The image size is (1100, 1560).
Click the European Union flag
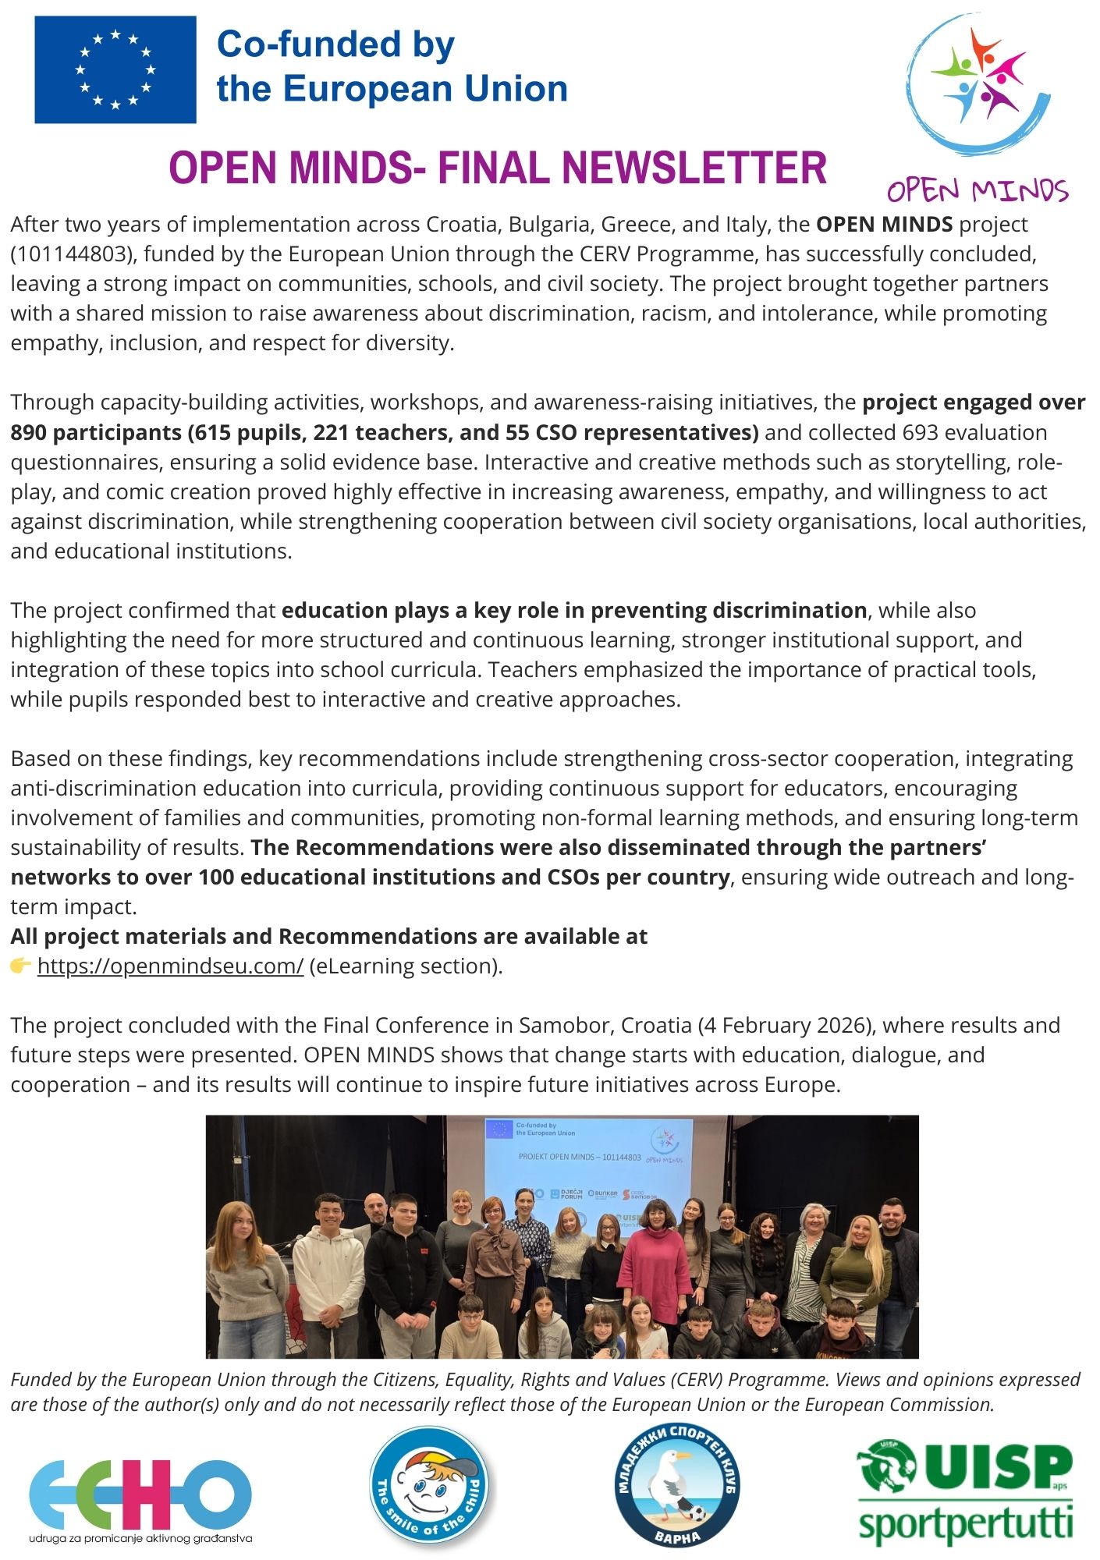[x=115, y=69]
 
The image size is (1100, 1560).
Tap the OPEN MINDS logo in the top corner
[x=979, y=109]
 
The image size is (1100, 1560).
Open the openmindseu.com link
[x=170, y=966]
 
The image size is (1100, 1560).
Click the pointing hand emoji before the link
[x=20, y=966]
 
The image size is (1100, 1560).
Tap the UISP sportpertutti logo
[x=965, y=1494]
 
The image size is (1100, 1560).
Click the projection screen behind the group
[x=588, y=1162]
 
